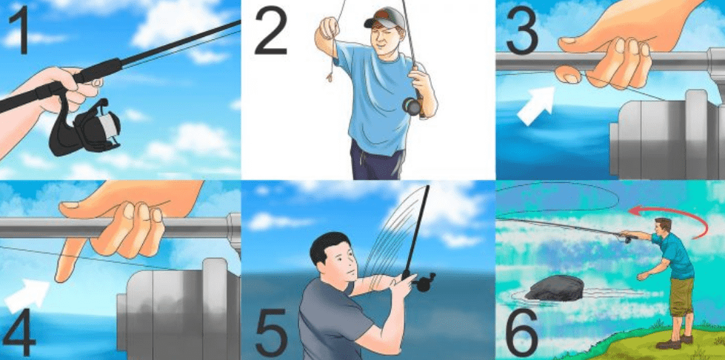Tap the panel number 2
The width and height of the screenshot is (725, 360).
click(x=270, y=30)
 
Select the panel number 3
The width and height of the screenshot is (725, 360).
click(x=522, y=30)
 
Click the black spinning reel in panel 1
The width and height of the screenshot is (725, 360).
click(x=86, y=127)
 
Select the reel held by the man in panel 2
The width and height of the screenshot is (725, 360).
click(x=413, y=106)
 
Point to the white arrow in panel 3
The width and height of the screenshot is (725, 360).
click(x=536, y=104)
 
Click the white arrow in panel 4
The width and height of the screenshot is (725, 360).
click(x=27, y=296)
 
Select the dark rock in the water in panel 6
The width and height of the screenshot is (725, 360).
click(x=555, y=288)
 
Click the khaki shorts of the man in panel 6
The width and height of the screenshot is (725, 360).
click(x=681, y=295)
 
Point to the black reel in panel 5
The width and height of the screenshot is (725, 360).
click(x=424, y=281)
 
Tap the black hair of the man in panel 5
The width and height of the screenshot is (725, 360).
click(x=327, y=246)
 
